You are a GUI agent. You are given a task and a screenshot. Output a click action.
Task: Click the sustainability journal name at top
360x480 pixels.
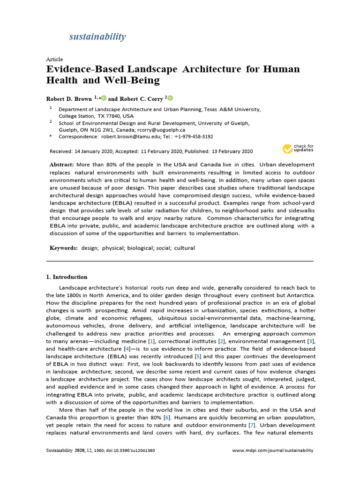(97, 37)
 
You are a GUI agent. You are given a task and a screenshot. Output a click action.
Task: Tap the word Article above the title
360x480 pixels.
(54, 60)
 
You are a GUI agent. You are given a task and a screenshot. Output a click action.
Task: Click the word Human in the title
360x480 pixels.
(281, 69)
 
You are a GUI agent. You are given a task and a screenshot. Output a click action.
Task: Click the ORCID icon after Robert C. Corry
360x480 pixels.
(170, 98)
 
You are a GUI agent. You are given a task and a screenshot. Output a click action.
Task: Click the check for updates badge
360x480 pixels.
(298, 149)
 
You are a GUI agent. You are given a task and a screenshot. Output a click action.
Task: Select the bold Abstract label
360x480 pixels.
(62, 165)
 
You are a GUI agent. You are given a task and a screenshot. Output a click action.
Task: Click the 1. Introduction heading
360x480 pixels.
(67, 277)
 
